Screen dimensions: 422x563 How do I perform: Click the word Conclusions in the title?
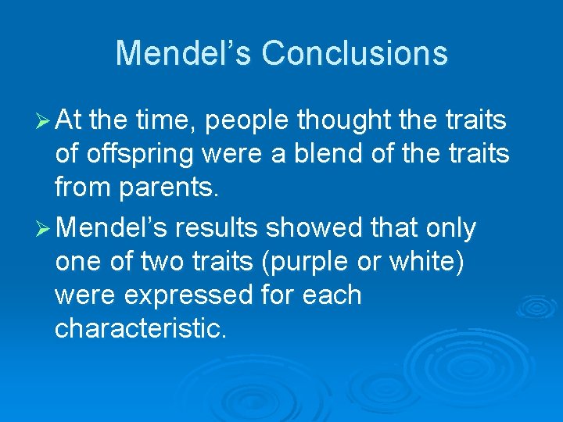[x=354, y=53]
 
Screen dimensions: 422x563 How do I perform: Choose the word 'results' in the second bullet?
[x=217, y=228]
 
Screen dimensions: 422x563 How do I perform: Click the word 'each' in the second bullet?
[x=334, y=296]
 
